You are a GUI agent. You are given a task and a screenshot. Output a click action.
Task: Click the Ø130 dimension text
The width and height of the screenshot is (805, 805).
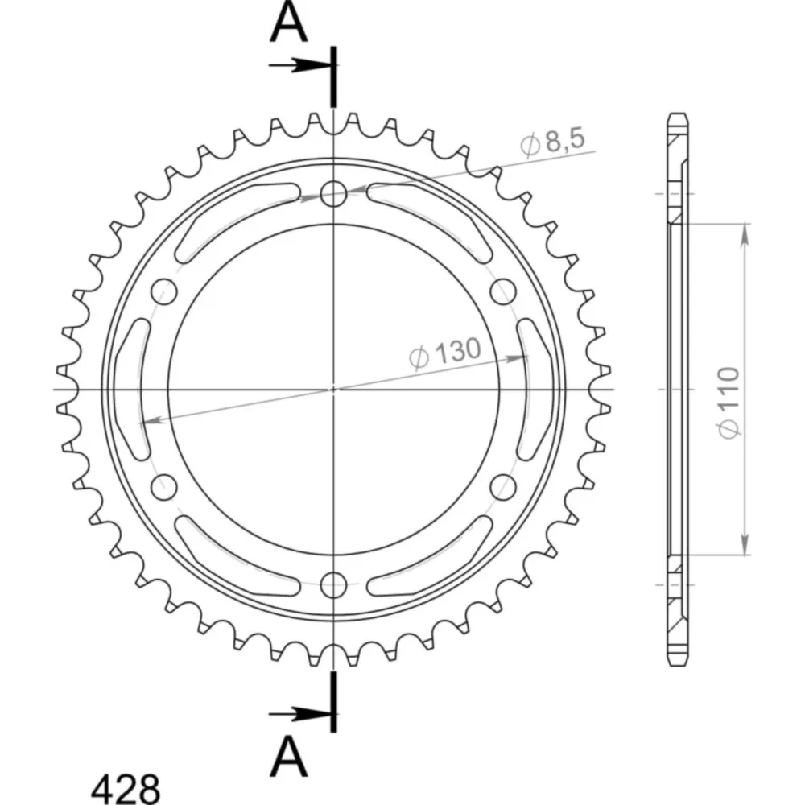pos(445,353)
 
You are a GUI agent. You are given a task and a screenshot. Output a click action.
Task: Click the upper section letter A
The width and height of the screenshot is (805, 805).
pos(288,24)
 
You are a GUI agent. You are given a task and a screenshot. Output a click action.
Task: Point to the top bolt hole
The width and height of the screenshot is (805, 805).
pos(334,194)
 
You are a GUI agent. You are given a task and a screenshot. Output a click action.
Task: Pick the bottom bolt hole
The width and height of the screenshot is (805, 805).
pos(334,584)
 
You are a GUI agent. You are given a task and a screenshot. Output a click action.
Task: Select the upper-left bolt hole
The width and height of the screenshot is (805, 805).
pos(164,291)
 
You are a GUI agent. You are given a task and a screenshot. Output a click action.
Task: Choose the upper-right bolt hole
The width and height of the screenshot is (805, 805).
pos(503,291)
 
